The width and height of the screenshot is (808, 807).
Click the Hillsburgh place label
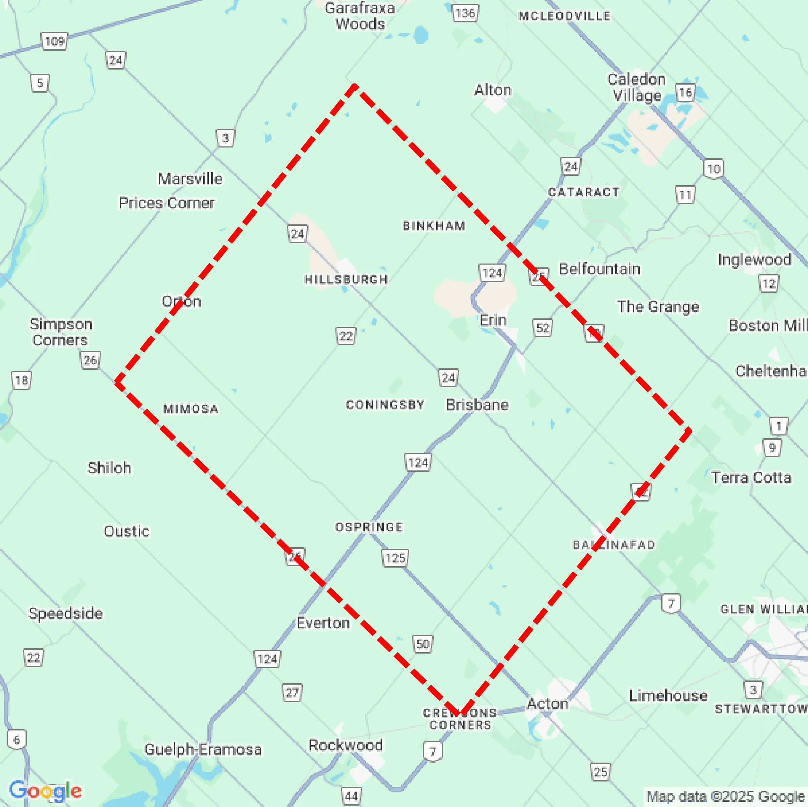[x=346, y=279]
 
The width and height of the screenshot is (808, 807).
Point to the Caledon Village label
[x=636, y=87]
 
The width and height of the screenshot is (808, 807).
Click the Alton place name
[x=492, y=90]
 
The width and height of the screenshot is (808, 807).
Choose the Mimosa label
[x=191, y=408]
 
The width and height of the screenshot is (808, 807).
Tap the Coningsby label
[x=385, y=404]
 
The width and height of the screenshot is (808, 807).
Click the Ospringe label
[x=369, y=527]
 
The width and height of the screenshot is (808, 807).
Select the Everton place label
[x=323, y=623]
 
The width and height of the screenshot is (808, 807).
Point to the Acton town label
[x=547, y=703]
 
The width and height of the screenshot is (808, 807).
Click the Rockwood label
[x=346, y=745]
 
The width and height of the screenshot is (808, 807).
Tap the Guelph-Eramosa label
[x=203, y=749]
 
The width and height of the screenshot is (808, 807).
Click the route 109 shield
[x=54, y=41]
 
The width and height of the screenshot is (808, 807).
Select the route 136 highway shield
[x=465, y=13]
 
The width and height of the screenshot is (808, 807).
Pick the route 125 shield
[x=395, y=557]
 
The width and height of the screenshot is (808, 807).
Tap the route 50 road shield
[x=423, y=644]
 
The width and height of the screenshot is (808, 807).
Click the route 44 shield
[x=351, y=796]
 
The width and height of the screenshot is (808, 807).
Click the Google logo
[x=45, y=790]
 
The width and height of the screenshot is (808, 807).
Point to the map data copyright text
[x=726, y=797]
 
